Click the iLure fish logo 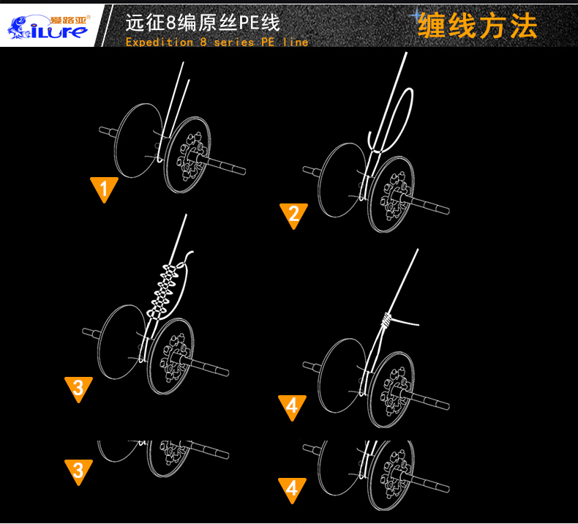pyautogui.click(x=47, y=24)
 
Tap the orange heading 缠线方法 pyautogui.click(x=477, y=26)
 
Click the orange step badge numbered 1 pyautogui.click(x=104, y=189)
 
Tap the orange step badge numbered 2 pyautogui.click(x=293, y=214)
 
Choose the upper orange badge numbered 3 pyautogui.click(x=78, y=388)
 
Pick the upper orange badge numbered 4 pyautogui.click(x=292, y=407)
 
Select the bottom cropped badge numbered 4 pyautogui.click(x=292, y=488)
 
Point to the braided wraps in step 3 pyautogui.click(x=165, y=290)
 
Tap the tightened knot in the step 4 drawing pyautogui.click(x=387, y=320)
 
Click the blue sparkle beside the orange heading pyautogui.click(x=418, y=15)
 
